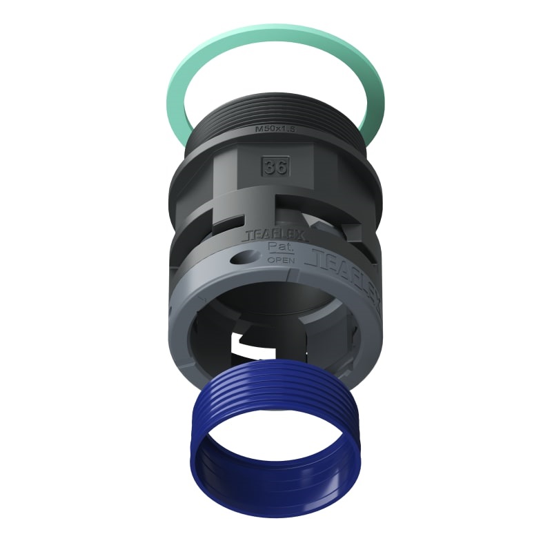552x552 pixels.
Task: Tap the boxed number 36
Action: (274, 166)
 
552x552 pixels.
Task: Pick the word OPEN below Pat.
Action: (280, 260)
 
